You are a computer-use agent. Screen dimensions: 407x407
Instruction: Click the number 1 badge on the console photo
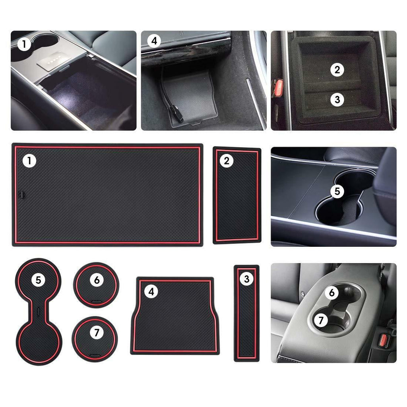(x=24, y=45)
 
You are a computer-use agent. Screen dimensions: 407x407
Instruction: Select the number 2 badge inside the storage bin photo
(x=337, y=70)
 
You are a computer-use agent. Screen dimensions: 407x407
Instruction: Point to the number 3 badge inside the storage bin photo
(x=337, y=99)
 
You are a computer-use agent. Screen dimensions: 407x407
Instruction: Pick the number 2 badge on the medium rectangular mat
(x=227, y=161)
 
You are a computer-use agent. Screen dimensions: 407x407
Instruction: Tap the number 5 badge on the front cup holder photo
(x=337, y=192)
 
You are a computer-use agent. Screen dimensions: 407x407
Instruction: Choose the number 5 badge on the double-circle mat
(x=38, y=280)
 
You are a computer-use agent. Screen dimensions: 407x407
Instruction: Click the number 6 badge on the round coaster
(x=97, y=280)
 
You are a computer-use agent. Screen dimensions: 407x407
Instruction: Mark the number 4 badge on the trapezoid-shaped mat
(x=151, y=292)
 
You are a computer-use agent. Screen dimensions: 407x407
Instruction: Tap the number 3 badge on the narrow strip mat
(x=246, y=279)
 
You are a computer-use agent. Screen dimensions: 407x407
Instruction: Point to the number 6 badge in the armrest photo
(x=331, y=293)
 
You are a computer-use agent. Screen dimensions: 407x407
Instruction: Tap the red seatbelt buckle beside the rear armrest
(x=384, y=341)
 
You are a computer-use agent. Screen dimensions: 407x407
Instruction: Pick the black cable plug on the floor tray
(x=178, y=116)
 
